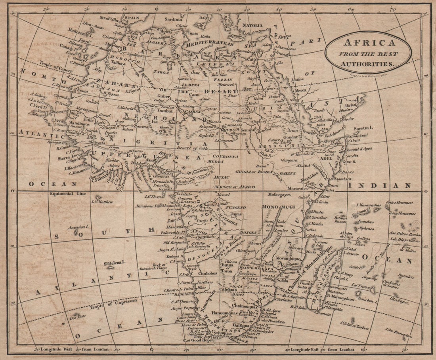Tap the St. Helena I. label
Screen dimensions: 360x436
[x=115, y=262]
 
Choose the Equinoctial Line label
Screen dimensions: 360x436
[x=65, y=194]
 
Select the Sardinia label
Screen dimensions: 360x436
[x=173, y=19]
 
